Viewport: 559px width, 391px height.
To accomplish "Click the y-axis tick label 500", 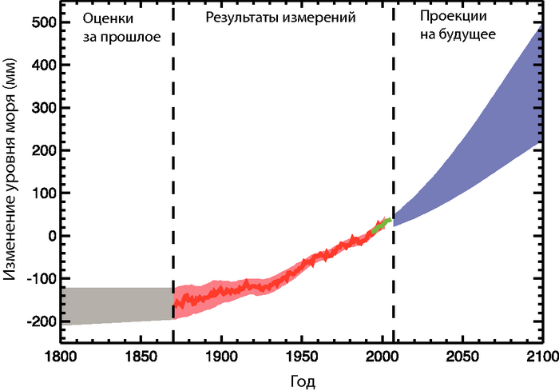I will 41,22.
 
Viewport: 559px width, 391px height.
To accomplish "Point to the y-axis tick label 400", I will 41,66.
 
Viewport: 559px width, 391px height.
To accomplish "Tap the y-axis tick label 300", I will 41,108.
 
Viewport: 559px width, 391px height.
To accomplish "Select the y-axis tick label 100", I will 41,194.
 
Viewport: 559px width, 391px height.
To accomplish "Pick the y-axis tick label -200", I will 38,321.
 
